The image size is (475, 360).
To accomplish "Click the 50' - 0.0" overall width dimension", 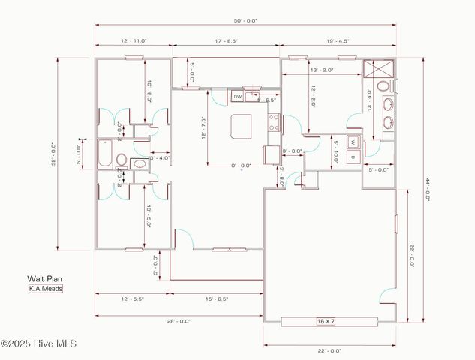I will pos(245,21).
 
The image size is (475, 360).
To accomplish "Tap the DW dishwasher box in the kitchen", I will pos(237,97).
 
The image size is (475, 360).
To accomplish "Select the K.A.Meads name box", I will pos(45,287).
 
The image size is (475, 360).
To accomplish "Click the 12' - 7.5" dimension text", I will pos(203,130).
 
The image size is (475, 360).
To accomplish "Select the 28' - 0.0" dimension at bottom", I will pos(179,320).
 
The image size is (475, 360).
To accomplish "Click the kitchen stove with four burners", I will pos(275,122).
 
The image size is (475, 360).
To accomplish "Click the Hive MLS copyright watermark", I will pos(39,344).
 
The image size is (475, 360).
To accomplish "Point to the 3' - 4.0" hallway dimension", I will pos(161,157).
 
